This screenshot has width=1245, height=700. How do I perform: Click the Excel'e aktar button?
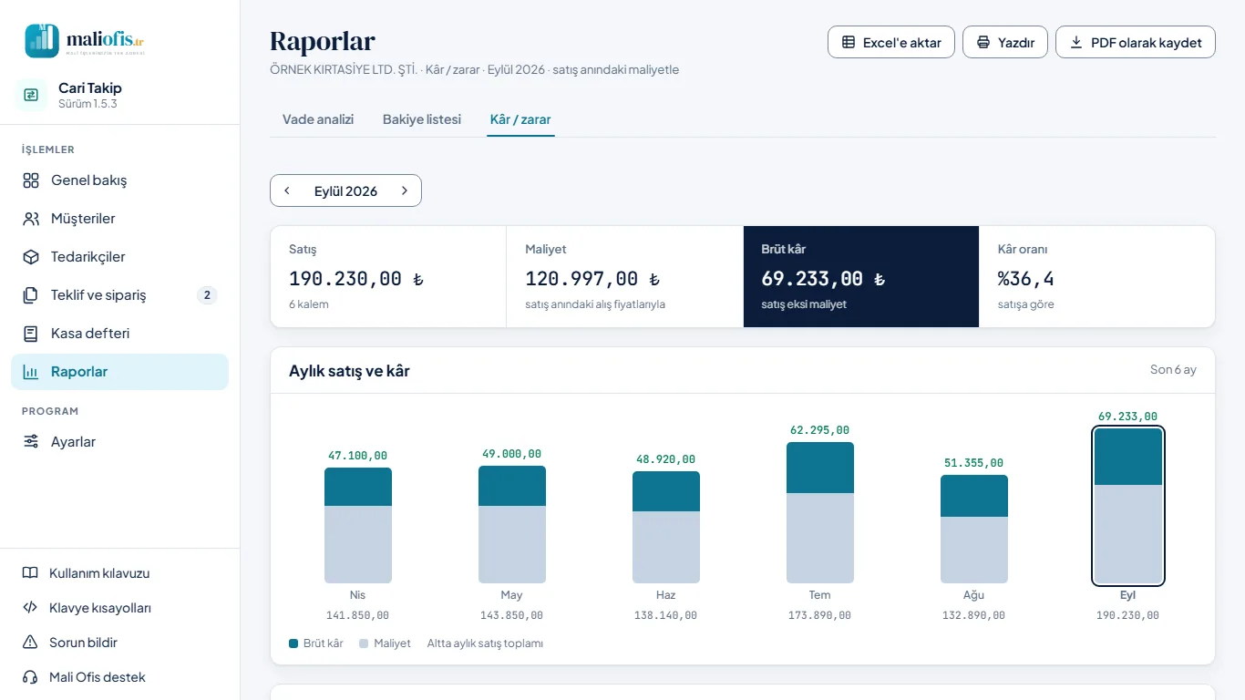891,42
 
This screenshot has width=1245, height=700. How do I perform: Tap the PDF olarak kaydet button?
1136,42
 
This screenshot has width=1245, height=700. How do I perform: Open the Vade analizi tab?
318,119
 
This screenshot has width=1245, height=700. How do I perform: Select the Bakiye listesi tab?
422,119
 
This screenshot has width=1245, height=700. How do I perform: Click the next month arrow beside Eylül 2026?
405,190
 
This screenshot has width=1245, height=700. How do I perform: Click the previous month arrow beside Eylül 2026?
287,190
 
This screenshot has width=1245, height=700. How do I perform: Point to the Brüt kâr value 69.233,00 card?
861,276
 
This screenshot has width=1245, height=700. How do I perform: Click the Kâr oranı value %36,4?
1025,279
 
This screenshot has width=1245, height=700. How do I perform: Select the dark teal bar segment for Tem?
819,468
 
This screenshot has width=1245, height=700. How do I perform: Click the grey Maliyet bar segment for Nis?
358,544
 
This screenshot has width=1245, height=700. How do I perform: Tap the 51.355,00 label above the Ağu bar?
973,463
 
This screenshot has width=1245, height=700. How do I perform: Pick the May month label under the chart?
511,595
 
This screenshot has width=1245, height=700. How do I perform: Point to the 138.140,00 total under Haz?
665,615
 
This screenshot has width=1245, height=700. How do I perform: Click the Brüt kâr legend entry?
315,643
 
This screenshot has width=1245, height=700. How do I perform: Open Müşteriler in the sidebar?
83,219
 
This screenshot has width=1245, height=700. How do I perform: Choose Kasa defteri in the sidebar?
90,334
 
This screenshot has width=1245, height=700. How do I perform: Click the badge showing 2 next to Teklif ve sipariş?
207,295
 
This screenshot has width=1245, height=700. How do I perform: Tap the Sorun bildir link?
83,643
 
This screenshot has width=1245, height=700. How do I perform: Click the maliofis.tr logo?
85,40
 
